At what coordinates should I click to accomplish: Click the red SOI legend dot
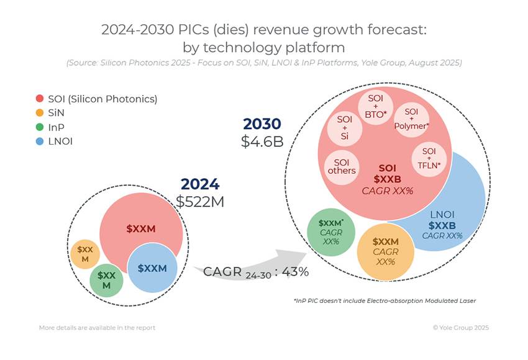click(x=40, y=99)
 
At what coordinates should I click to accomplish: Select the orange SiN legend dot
click(x=40, y=112)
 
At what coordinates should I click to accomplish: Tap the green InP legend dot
click(x=40, y=127)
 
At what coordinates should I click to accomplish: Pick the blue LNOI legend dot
click(x=40, y=141)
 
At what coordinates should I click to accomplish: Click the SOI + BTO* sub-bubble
click(x=375, y=107)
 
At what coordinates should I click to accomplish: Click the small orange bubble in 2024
click(x=83, y=253)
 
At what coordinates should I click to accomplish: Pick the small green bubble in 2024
click(x=106, y=280)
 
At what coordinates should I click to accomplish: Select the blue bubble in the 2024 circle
click(x=152, y=268)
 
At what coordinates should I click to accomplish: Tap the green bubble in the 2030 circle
click(x=331, y=232)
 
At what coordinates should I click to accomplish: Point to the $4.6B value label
click(x=262, y=142)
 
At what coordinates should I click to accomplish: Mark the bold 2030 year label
click(x=262, y=124)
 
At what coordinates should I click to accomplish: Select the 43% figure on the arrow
click(x=296, y=272)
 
